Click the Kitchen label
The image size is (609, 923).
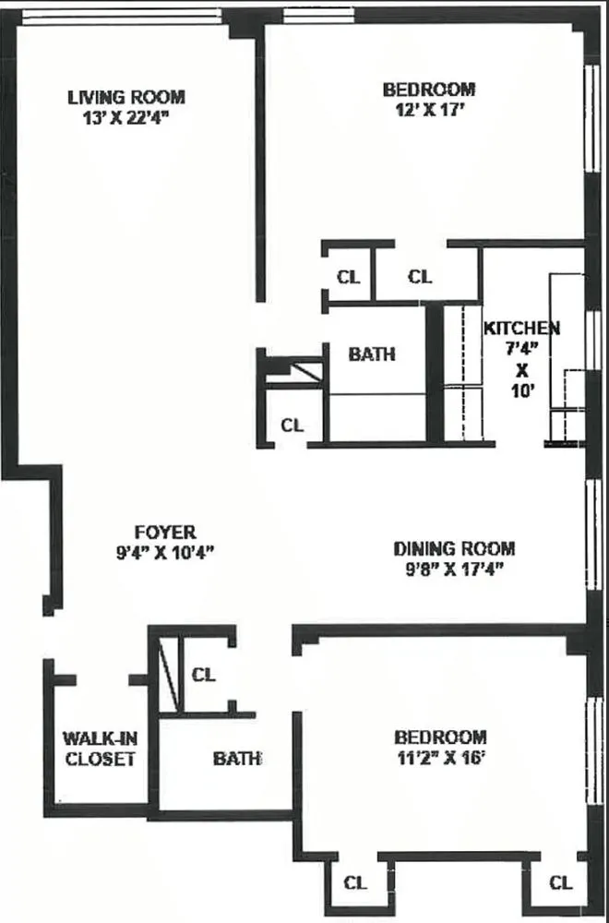tap(521, 328)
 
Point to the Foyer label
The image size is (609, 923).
tap(165, 532)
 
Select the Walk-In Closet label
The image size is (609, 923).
tap(99, 749)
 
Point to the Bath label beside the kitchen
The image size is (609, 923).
tap(372, 354)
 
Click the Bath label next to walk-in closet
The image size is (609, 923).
tap(237, 759)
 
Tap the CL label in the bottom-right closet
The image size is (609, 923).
tap(560, 882)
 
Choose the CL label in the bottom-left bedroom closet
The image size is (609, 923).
tap(354, 882)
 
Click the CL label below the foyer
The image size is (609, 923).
tap(203, 675)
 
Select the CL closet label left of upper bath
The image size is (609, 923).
tap(292, 426)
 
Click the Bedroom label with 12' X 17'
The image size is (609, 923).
tap(429, 90)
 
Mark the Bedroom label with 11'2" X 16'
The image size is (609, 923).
tap(440, 737)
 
